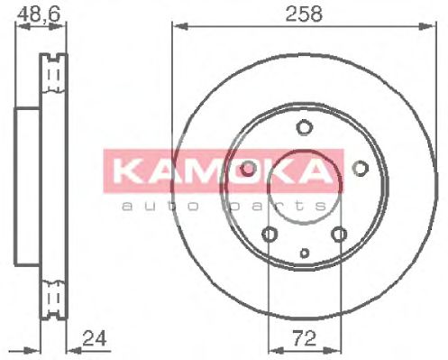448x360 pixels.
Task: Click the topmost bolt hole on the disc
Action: [304, 126]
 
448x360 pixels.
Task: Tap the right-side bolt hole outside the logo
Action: [360, 168]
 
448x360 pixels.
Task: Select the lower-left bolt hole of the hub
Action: [269, 235]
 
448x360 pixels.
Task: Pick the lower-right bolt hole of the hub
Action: [339, 235]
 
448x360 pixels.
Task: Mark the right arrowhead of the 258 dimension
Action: [431, 28]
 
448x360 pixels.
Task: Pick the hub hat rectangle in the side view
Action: [28, 186]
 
